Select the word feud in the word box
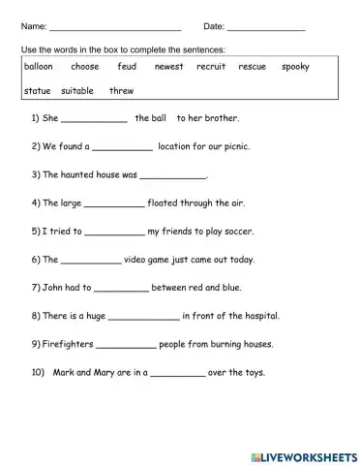127,67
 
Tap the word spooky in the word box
295,67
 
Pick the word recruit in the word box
210,67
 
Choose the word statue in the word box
37,90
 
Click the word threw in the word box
122,90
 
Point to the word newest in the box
168,67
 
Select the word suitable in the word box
77,90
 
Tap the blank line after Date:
266,26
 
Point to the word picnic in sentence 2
247,148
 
